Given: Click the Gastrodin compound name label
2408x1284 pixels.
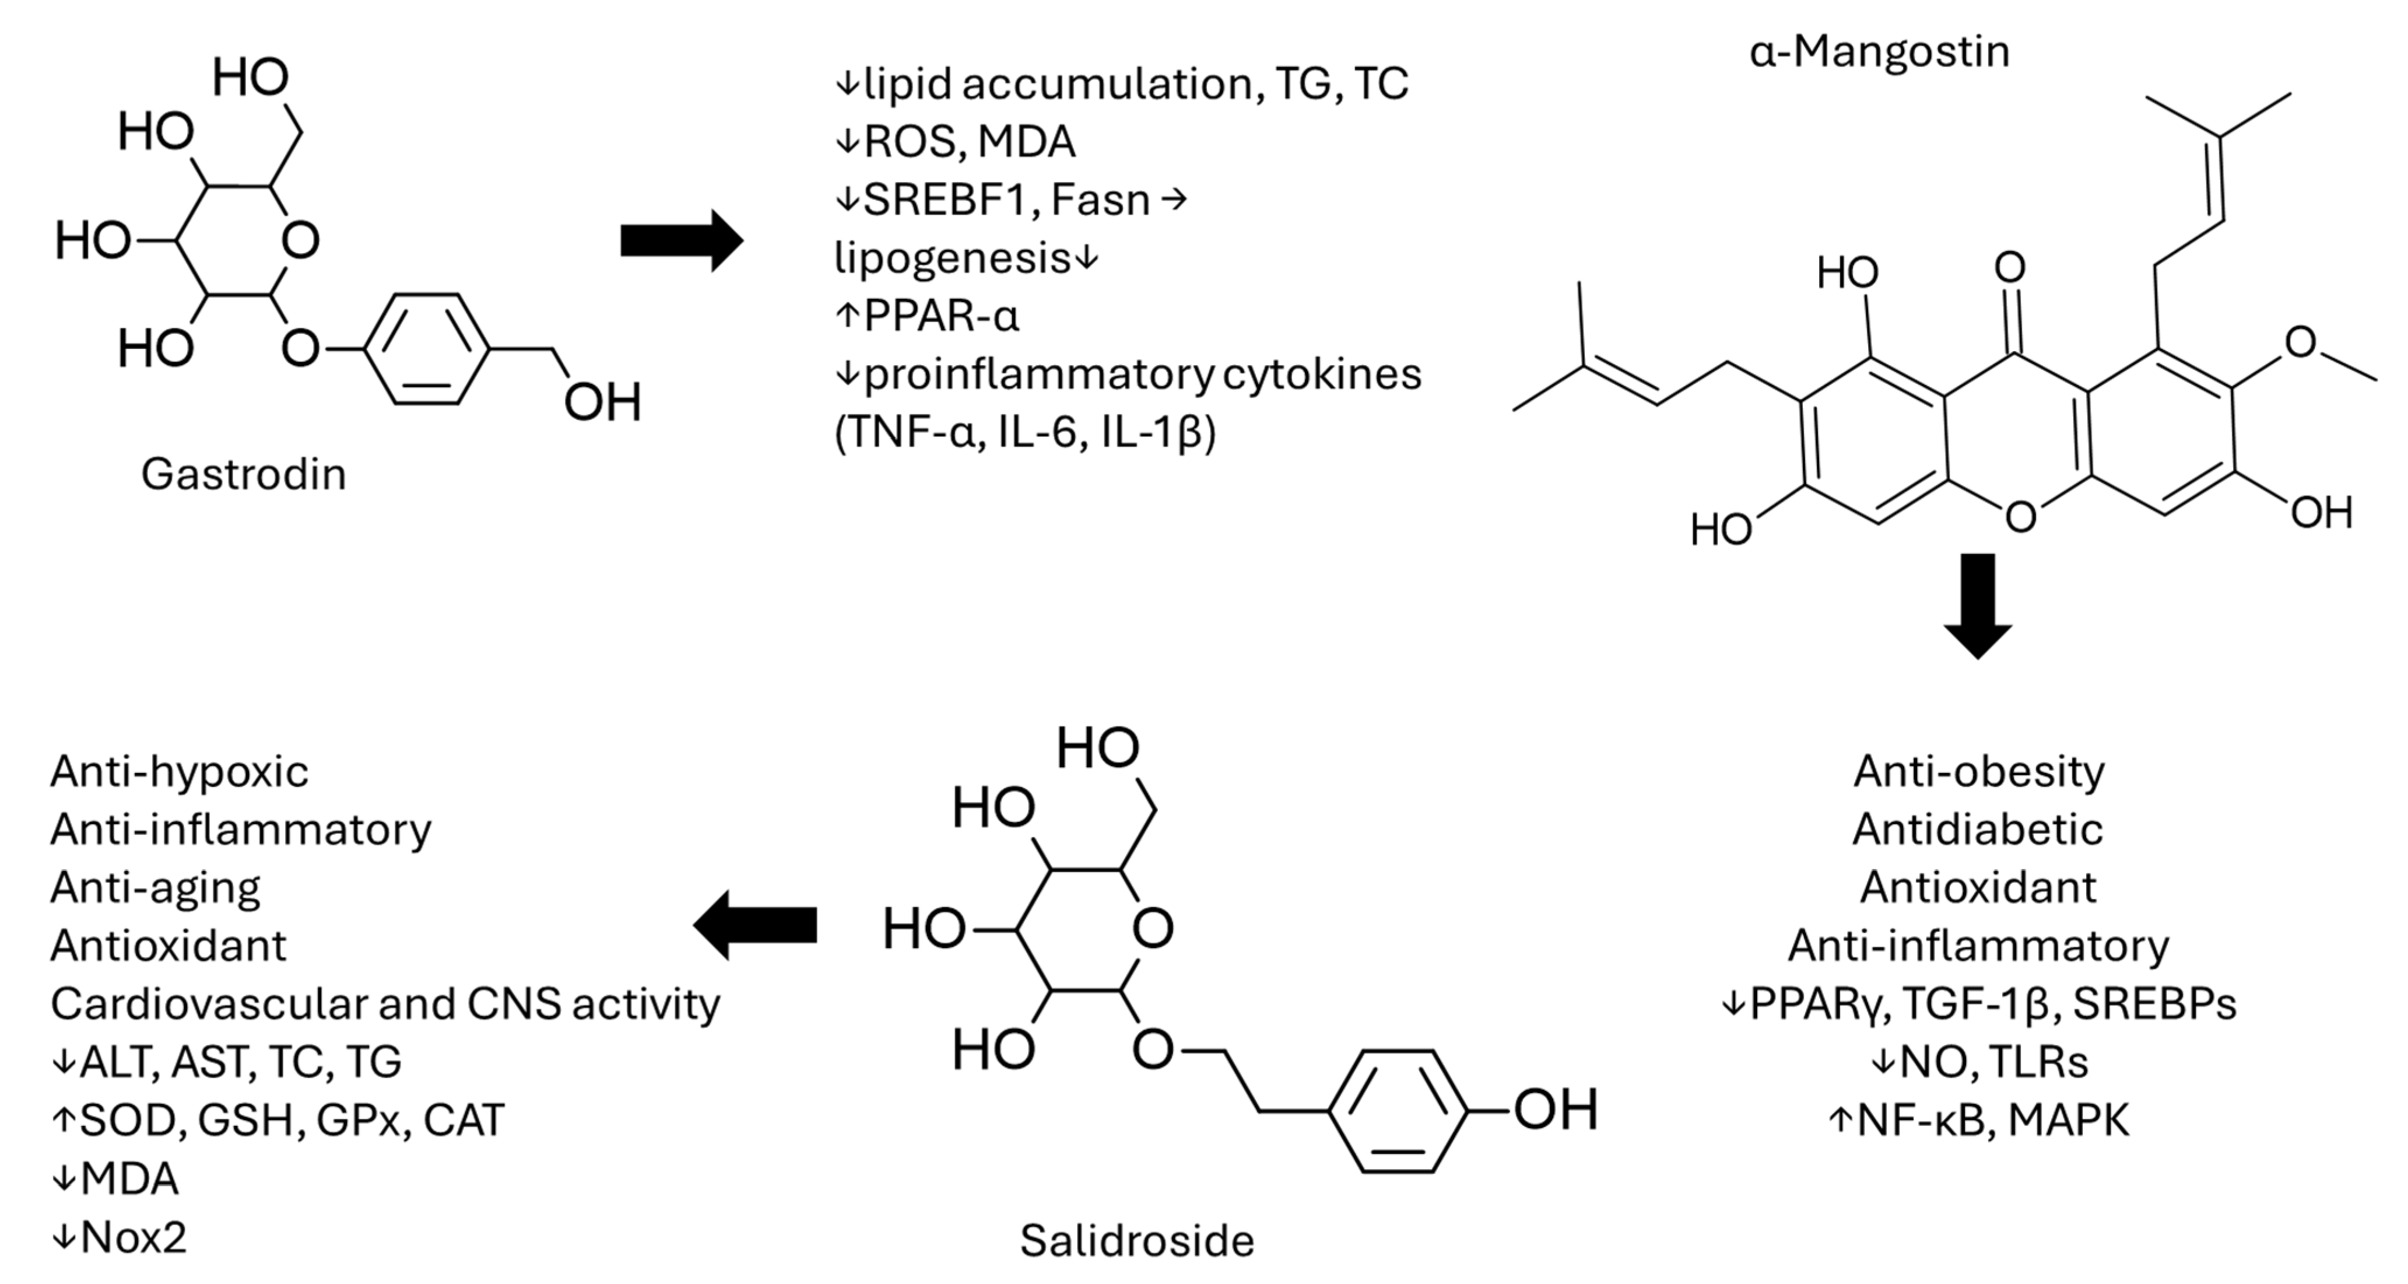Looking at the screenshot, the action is coord(243,474).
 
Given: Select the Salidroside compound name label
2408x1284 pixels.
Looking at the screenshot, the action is coord(1137,1241).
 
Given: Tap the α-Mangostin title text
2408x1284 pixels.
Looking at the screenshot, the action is coord(1879,51).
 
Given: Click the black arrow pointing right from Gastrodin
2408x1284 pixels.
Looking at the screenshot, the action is coord(682,242).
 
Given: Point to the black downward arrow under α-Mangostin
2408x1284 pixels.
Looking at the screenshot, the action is coord(1978,606).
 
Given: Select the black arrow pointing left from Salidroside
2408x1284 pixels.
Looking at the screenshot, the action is coord(754,925).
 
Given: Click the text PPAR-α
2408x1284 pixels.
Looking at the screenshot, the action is coord(940,316).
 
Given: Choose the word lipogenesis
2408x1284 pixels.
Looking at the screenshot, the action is coord(952,258).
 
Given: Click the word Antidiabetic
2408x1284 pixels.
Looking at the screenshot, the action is coord(1978,830).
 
